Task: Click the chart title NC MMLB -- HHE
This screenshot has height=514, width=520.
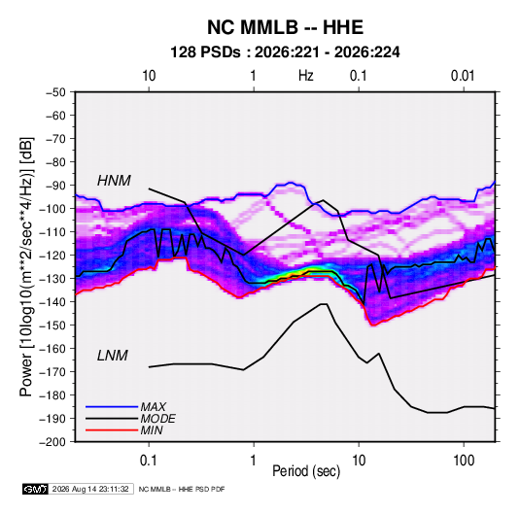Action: click(x=285, y=27)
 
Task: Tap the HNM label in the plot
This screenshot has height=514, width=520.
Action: click(x=114, y=181)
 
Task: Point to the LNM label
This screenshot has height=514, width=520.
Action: click(x=113, y=356)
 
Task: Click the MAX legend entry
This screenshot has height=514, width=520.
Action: click(x=153, y=406)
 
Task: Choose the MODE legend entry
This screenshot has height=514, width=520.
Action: click(x=157, y=419)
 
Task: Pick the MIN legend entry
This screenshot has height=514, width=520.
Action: click(x=152, y=430)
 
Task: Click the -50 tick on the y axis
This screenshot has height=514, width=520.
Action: click(x=55, y=92)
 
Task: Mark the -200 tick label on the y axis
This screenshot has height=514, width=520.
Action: click(x=53, y=442)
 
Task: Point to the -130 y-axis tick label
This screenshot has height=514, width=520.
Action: click(x=53, y=279)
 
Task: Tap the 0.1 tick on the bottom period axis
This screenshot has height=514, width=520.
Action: click(x=149, y=461)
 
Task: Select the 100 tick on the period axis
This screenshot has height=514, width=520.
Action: click(x=464, y=461)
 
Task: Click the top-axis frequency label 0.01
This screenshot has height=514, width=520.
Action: click(x=463, y=76)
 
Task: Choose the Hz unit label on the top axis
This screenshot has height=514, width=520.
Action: click(x=306, y=76)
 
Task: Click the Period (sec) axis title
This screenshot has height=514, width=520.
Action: click(x=306, y=471)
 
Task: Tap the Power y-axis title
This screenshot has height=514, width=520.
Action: click(x=26, y=267)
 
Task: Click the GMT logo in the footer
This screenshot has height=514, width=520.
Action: click(x=36, y=489)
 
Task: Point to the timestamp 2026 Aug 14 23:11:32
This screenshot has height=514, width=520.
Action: click(x=90, y=489)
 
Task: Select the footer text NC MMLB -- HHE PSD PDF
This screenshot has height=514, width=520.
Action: click(x=182, y=489)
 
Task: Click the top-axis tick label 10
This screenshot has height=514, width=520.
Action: click(x=149, y=76)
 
